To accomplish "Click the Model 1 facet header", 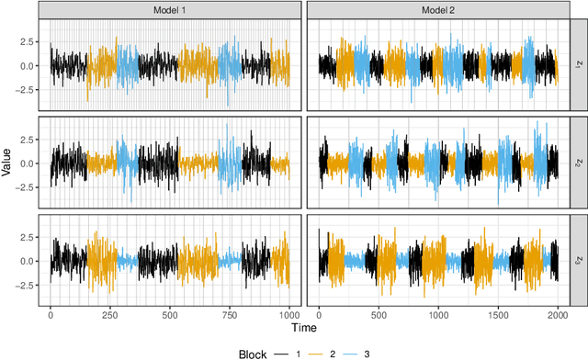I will click(169, 9).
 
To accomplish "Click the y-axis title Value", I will click(8, 163).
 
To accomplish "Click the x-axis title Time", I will click(304, 328).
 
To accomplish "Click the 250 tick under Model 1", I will click(110, 314).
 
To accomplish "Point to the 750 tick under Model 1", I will click(230, 314).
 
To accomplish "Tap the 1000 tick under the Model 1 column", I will click(289, 314).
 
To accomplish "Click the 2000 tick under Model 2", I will click(557, 314).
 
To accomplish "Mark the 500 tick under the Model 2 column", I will click(379, 314).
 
